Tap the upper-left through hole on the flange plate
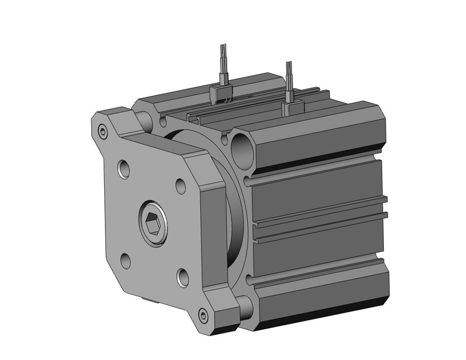point(125,168)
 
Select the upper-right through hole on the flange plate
point(181,186)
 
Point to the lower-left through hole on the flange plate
point(125,261)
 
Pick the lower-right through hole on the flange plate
point(183,277)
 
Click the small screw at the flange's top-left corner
point(103,130)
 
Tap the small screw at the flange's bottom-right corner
point(204,316)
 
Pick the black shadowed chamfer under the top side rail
point(319,161)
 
